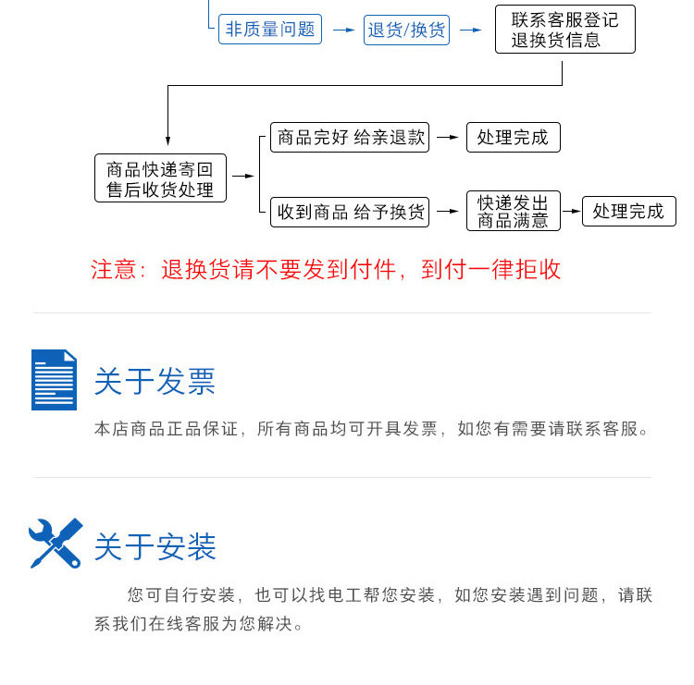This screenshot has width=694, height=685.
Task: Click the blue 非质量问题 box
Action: [270, 30]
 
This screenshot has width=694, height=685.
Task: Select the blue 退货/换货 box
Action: [406, 30]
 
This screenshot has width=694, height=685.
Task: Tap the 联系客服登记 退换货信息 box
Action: [564, 30]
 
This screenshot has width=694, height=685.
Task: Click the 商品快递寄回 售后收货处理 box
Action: [160, 178]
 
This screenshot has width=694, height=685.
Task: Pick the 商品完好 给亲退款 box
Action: [350, 138]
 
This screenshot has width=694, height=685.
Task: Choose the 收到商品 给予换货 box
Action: [350, 212]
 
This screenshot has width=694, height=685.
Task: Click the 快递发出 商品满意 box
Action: [513, 212]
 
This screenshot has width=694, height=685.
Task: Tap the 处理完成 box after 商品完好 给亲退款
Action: [513, 138]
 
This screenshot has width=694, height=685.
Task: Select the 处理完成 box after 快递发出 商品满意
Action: [628, 212]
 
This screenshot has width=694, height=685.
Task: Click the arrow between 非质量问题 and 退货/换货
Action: [343, 31]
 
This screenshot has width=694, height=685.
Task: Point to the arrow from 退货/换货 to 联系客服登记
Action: [471, 31]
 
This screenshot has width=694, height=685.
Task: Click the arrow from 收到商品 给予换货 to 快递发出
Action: [448, 212]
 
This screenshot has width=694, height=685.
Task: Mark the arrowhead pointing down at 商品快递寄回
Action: [167, 141]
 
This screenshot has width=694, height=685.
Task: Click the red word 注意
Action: [114, 270]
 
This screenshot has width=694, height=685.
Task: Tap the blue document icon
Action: [54, 379]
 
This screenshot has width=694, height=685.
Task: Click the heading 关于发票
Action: [155, 382]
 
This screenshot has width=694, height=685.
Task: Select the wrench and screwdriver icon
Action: [56, 544]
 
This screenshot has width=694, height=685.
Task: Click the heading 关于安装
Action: [155, 546]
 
